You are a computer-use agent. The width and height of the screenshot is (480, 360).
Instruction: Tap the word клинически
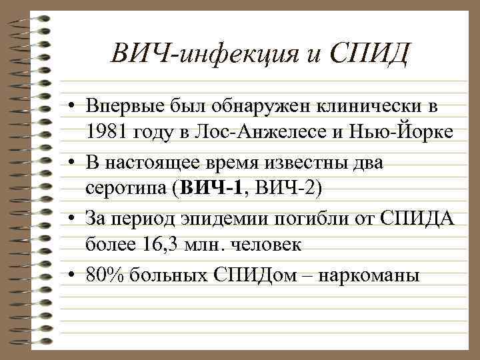coord(370,107)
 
